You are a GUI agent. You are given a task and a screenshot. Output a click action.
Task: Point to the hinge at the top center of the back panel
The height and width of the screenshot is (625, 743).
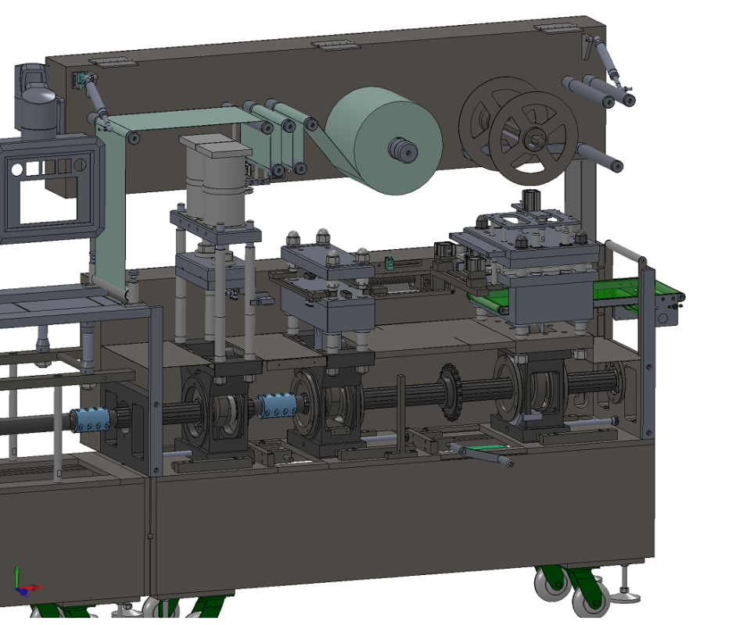[x=336, y=45]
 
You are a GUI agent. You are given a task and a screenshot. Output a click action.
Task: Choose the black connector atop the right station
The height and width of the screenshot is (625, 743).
[x=531, y=198]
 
